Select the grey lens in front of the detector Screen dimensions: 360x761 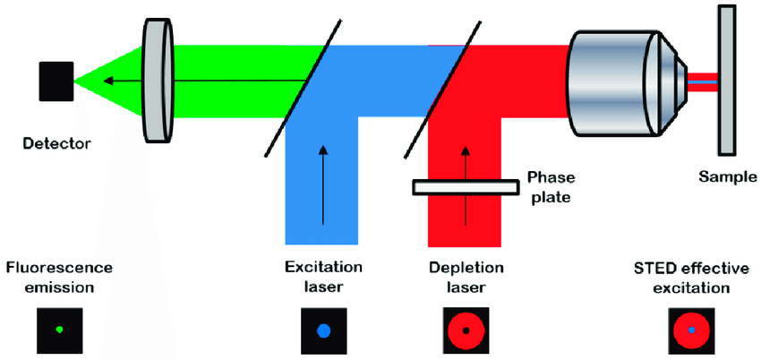(x=158, y=81)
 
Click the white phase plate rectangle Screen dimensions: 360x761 (x=465, y=186)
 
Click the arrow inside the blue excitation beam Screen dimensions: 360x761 (x=322, y=184)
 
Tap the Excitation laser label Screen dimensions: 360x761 (x=323, y=277)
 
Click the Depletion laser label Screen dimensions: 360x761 (x=466, y=277)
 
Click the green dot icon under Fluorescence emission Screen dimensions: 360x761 (x=58, y=330)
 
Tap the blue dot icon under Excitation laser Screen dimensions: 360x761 (x=324, y=330)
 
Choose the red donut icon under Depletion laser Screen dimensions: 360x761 (x=466, y=330)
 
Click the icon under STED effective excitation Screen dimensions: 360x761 (x=691, y=330)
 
